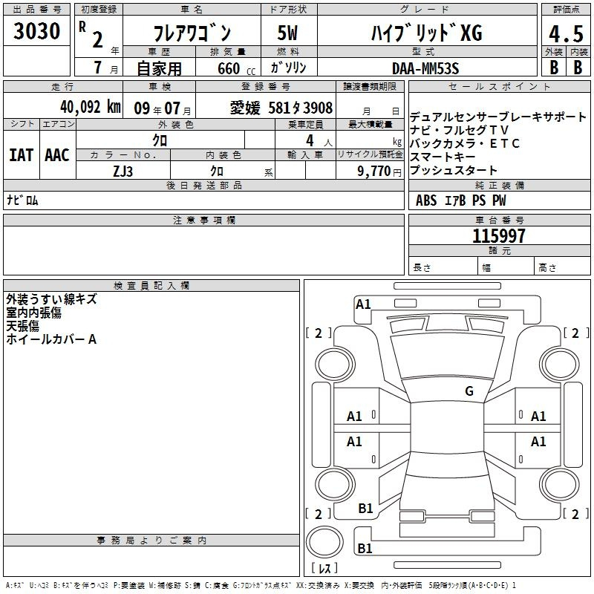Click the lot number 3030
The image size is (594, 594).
point(36,31)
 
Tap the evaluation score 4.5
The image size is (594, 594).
point(566,34)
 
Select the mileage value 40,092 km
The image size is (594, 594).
point(90,107)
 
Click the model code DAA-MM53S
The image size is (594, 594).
point(425,68)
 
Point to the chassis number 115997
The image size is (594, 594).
point(499,236)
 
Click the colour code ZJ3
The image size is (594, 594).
point(123,172)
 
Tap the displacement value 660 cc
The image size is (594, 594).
point(236,69)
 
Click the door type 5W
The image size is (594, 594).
point(287,33)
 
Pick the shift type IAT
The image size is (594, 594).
point(22,155)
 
